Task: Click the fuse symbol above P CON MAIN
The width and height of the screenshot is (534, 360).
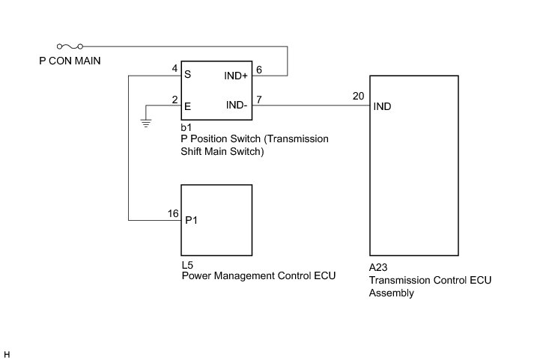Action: click(70, 46)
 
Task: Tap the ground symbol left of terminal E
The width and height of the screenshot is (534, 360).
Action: click(146, 121)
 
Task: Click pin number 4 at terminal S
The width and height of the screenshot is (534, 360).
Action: click(175, 69)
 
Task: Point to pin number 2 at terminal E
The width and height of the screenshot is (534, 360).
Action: click(175, 100)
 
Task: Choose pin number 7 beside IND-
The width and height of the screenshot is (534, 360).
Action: click(258, 100)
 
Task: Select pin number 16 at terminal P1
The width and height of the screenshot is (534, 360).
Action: click(173, 214)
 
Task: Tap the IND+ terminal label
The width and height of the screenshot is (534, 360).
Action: click(236, 76)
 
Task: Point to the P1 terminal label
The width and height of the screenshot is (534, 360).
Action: click(192, 221)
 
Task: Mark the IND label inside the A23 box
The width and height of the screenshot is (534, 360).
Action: click(382, 106)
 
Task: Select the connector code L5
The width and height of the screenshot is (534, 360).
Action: click(187, 265)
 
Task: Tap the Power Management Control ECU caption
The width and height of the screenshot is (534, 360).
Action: click(258, 276)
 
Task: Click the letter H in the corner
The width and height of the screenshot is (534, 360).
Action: click(7, 353)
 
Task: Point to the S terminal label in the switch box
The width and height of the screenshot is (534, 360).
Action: click(187, 76)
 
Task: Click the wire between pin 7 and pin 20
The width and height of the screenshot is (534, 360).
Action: click(315, 106)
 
